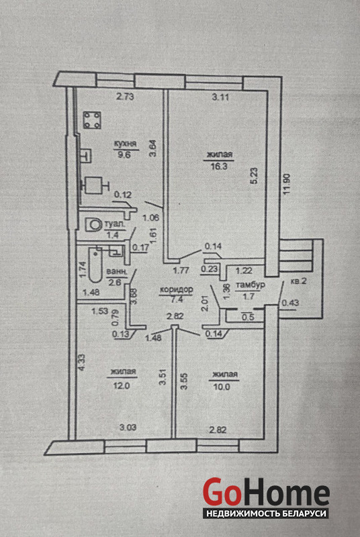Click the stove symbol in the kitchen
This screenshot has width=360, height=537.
click(x=92, y=120)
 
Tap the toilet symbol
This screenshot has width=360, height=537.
click(x=93, y=225)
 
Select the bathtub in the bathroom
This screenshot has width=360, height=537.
click(x=95, y=265)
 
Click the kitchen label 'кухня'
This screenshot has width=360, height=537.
click(x=126, y=144)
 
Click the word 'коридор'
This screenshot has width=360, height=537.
click(x=177, y=289)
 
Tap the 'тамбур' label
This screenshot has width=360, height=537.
click(x=251, y=285)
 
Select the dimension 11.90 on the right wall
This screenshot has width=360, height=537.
click(x=287, y=185)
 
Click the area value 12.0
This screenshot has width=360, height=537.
click(x=122, y=385)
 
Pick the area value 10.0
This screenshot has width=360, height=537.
click(x=221, y=387)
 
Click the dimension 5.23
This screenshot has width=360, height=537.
click(x=254, y=176)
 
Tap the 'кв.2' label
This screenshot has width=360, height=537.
click(x=298, y=281)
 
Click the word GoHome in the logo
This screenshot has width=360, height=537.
click(x=266, y=492)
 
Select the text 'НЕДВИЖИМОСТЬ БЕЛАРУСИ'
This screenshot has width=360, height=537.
click(x=266, y=514)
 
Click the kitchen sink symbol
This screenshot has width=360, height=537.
click(x=87, y=155)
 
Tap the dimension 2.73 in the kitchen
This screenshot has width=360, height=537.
click(x=125, y=97)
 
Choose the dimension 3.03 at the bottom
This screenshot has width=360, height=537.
click(x=128, y=427)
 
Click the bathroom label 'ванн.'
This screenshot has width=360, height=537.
click(x=117, y=272)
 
